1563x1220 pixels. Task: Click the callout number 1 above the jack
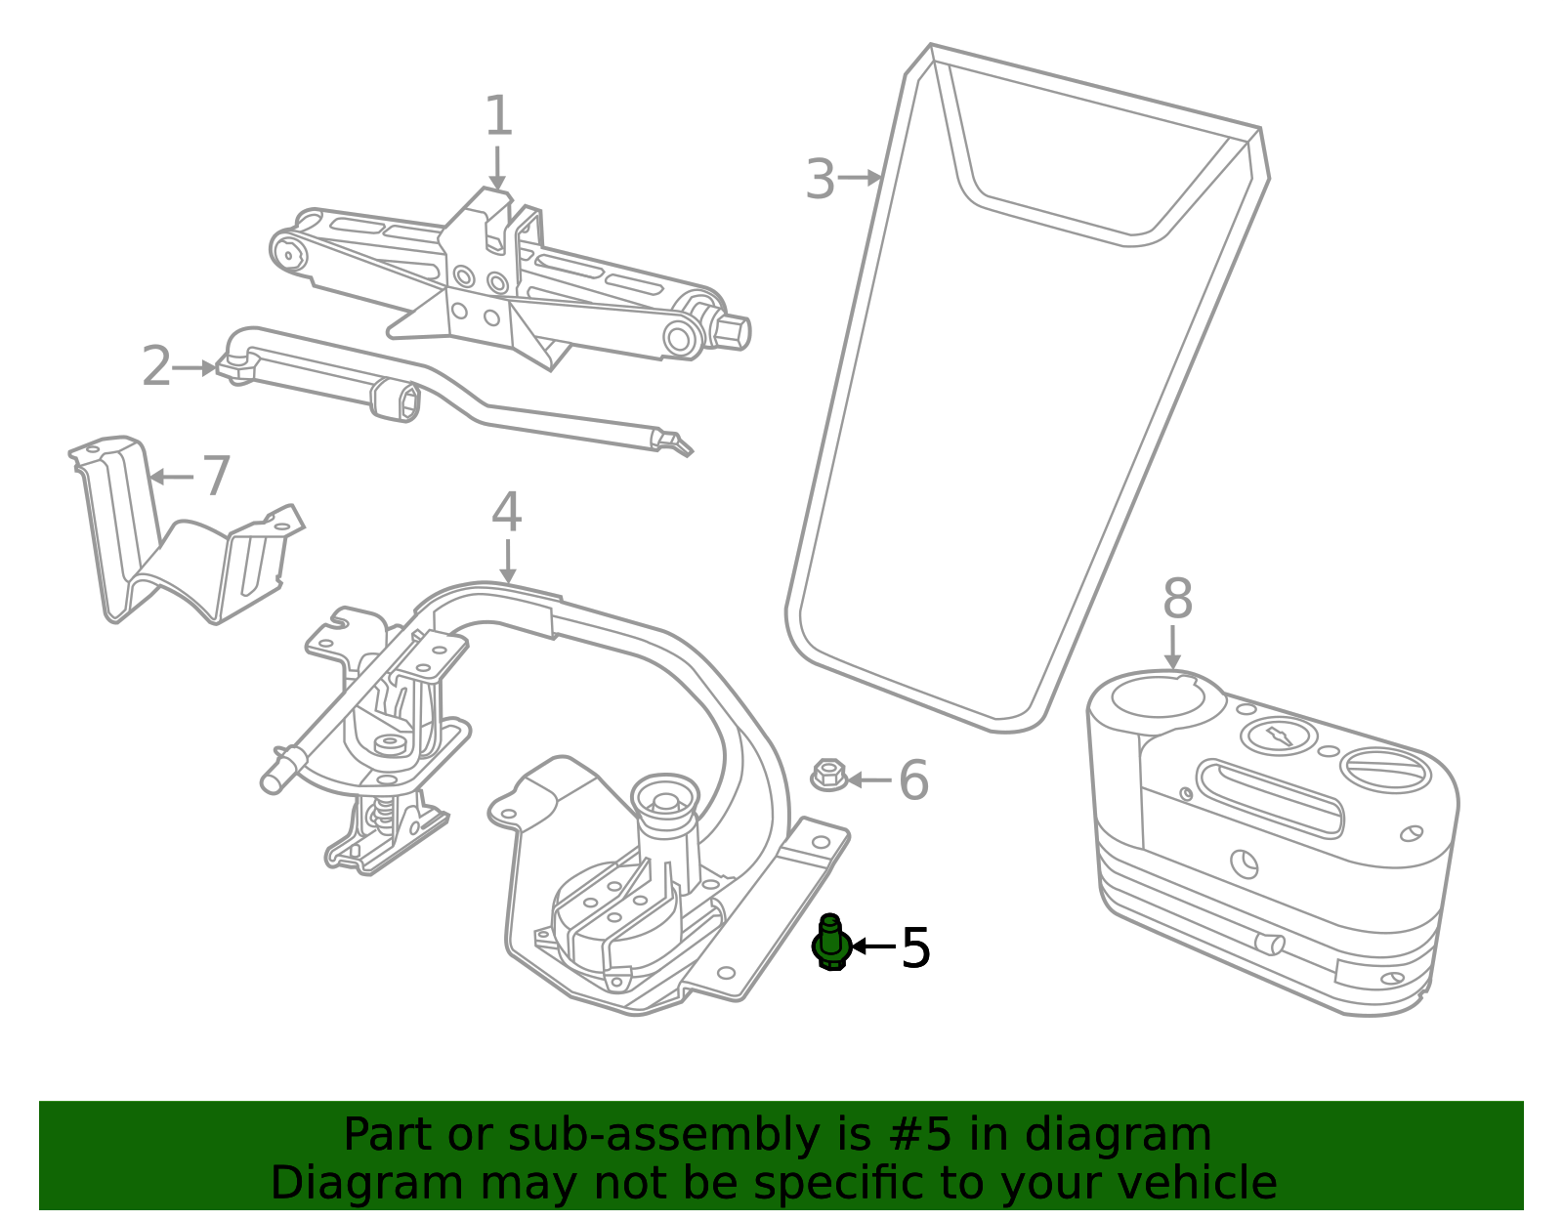[498, 115]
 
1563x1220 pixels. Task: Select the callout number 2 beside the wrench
[157, 366]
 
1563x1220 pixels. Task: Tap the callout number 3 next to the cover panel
[820, 179]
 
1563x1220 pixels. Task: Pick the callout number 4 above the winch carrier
[506, 512]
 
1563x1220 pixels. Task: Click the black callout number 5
[915, 947]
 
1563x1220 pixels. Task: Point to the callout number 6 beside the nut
[913, 780]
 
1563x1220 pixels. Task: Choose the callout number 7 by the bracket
[216, 475]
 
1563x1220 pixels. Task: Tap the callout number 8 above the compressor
[1177, 598]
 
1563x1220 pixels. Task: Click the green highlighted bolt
[830, 942]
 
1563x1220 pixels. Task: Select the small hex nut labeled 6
[828, 775]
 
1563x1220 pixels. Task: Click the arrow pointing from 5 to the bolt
[874, 947]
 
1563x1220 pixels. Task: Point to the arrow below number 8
[1172, 648]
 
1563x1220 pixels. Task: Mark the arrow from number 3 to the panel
[861, 177]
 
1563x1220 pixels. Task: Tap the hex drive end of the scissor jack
[733, 331]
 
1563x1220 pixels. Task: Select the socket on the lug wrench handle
[397, 400]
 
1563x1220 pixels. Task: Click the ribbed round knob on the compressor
[1384, 771]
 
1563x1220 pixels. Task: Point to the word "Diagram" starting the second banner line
[367, 1183]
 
